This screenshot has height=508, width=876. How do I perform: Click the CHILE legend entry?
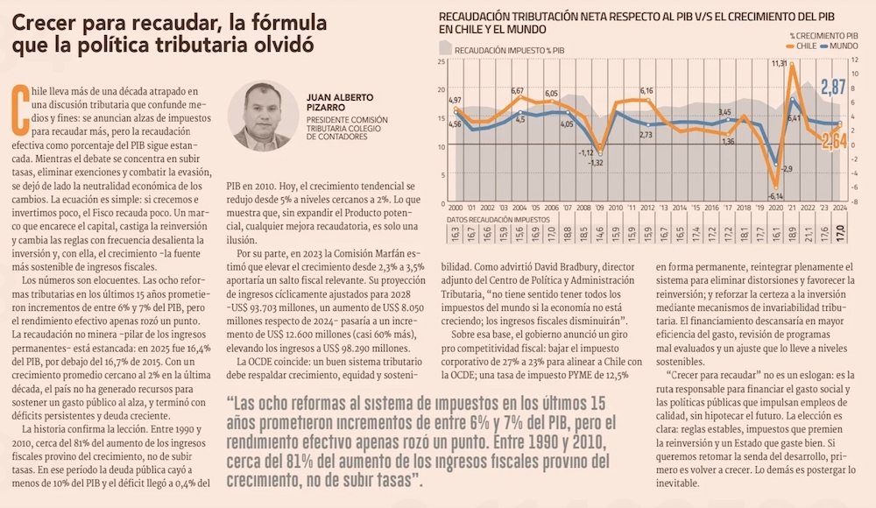coord(805,44)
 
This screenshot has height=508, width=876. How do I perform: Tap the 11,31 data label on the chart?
coord(779,64)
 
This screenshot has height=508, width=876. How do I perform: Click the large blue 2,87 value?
coord(833,86)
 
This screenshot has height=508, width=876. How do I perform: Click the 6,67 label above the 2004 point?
coord(518,91)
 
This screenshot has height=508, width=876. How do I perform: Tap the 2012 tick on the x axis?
coord(647,208)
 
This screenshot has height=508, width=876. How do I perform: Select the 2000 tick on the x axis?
coord(455,208)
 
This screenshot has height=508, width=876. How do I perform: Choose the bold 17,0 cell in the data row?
coord(841,234)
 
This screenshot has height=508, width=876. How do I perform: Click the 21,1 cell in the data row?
coord(760,234)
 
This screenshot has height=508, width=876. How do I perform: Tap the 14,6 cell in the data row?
coord(599,234)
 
